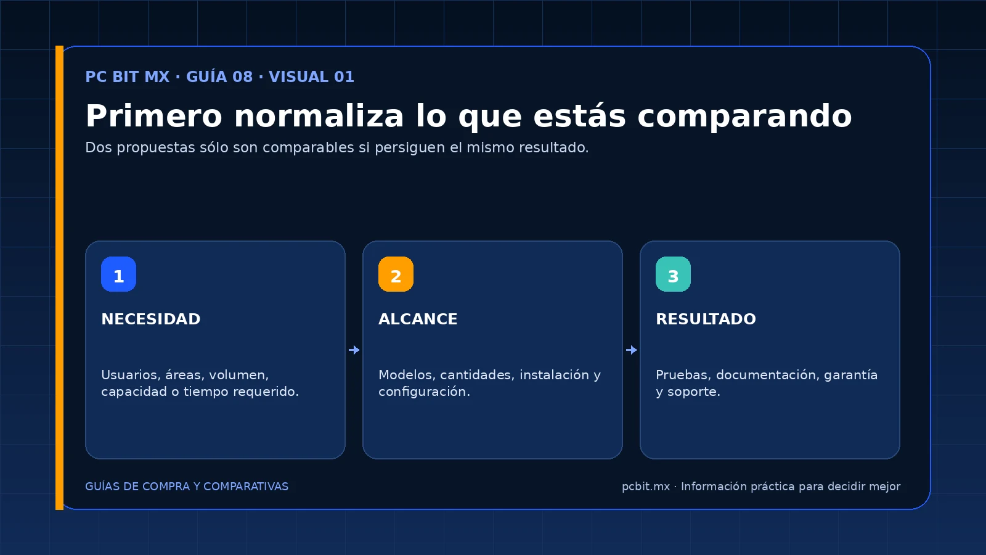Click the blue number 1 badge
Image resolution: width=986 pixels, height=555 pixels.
(x=118, y=274)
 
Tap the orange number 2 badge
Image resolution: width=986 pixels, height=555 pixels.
(x=396, y=274)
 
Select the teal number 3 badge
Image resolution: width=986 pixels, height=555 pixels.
(x=673, y=274)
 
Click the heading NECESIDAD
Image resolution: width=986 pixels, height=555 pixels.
(x=150, y=319)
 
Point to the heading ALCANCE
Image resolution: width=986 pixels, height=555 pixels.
(x=418, y=319)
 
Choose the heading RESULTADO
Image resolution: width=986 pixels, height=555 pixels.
(x=706, y=319)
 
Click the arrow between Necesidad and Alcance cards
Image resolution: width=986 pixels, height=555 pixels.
(x=354, y=350)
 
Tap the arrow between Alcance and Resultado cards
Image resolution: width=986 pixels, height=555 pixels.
(x=631, y=350)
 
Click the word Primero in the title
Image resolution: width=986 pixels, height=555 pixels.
(x=153, y=116)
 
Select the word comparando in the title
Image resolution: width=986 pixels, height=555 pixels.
(x=744, y=117)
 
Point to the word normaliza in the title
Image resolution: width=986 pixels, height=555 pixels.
(x=319, y=116)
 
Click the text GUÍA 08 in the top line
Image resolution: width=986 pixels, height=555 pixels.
(x=219, y=76)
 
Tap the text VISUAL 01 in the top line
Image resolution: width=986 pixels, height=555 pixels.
(x=311, y=76)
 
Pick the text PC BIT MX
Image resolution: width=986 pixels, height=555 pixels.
(x=127, y=76)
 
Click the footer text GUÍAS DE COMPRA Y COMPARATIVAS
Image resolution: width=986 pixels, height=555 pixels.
(x=187, y=487)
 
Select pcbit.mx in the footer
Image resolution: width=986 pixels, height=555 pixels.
(x=646, y=487)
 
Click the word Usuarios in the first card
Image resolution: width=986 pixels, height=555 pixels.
(x=131, y=375)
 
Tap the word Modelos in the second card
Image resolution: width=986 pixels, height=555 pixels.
(x=407, y=375)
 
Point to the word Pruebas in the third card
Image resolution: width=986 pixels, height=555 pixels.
(x=683, y=375)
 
